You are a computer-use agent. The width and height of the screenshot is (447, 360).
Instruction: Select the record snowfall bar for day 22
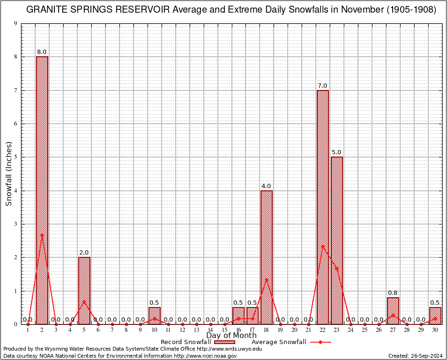[323, 207]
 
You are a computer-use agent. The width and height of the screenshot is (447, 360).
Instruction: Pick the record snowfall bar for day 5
[84, 290]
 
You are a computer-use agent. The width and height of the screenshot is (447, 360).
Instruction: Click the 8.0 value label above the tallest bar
[42, 52]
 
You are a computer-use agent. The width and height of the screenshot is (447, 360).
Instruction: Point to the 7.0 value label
[323, 85]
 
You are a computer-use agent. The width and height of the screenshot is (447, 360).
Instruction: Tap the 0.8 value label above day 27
[393, 293]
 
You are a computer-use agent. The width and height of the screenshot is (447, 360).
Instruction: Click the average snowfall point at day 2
[42, 235]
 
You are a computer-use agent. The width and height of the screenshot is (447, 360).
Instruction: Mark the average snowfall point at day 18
[267, 280]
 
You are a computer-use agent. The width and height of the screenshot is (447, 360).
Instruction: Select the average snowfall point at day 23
[337, 269]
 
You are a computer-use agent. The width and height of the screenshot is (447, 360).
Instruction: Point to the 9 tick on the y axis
[16, 23]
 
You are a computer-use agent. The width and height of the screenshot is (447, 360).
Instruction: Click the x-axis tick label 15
[224, 330]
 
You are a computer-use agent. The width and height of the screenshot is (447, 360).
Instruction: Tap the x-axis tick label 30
[435, 330]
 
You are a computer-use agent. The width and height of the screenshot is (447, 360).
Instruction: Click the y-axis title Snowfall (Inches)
[9, 173]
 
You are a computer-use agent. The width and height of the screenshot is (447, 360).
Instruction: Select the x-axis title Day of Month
[231, 336]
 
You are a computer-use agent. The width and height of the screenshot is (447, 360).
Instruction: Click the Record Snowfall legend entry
[186, 342]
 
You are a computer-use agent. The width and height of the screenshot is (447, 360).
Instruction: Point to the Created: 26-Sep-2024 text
[416, 356]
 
